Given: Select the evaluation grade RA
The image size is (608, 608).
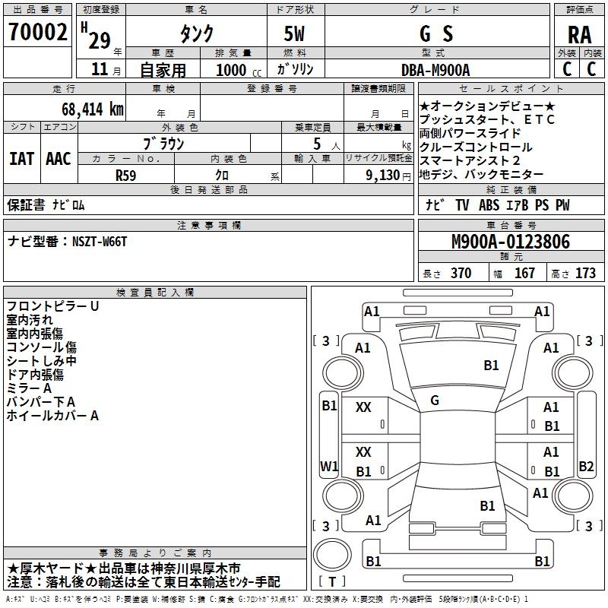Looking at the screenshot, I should pos(579,35).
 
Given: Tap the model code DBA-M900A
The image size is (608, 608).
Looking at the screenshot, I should pos(435,70).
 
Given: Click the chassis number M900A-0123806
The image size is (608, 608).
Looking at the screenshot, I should pos(510,242).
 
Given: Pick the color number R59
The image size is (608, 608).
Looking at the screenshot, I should pos(126,175).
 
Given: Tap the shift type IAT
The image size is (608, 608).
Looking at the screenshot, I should pos(22,159).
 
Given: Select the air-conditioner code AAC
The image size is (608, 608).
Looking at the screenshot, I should pos(59,159).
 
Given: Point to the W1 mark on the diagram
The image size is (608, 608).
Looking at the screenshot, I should pos(329,466).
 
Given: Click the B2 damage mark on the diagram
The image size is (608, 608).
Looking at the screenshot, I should pos(586,466).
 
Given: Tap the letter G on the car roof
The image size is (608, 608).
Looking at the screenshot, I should pos(435,400).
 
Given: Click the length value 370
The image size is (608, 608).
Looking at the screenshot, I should pos(461,274).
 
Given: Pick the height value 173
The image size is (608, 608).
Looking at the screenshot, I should pos(585,274).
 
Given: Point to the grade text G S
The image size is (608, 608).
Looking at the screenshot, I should pos(436,34).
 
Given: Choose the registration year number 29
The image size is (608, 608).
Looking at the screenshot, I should pos(99,40).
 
